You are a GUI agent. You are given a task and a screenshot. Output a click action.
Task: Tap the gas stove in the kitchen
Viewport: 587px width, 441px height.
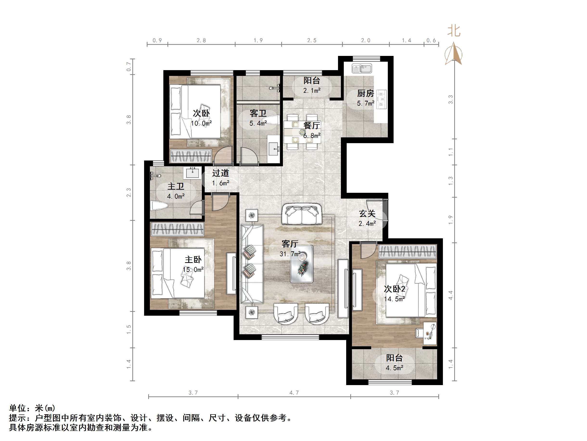[382, 99]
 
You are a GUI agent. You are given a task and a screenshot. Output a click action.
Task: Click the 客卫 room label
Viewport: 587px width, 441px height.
[258, 114]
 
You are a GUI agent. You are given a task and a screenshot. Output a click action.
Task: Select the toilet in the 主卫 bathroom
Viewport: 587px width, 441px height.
[159, 206]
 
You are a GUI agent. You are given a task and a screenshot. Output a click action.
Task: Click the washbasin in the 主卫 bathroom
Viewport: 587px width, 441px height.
[192, 173]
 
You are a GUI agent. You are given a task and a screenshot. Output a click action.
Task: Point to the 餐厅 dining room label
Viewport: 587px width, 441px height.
[312, 125]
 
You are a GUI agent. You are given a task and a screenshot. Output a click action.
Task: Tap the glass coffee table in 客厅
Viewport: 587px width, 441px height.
[302, 264]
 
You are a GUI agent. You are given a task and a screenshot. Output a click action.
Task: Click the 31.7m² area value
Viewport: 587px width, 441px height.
[290, 254]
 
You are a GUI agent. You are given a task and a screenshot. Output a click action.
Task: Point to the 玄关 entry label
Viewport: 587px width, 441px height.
[367, 214]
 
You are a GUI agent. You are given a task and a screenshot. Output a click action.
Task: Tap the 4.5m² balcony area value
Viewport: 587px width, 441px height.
[394, 368]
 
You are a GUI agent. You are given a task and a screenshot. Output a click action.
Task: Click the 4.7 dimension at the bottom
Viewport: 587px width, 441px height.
[294, 393]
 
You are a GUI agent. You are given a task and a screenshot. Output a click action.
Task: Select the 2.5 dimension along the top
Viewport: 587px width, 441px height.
[312, 40]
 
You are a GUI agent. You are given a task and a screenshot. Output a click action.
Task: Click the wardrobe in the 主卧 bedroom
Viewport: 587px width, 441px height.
[177, 229]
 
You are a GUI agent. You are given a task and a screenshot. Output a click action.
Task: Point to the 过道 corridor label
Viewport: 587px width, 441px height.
[220, 173]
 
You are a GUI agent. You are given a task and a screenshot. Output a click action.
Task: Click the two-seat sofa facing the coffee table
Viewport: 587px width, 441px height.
[301, 214]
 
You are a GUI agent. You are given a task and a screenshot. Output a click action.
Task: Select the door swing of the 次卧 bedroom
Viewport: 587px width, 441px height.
[222, 155]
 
